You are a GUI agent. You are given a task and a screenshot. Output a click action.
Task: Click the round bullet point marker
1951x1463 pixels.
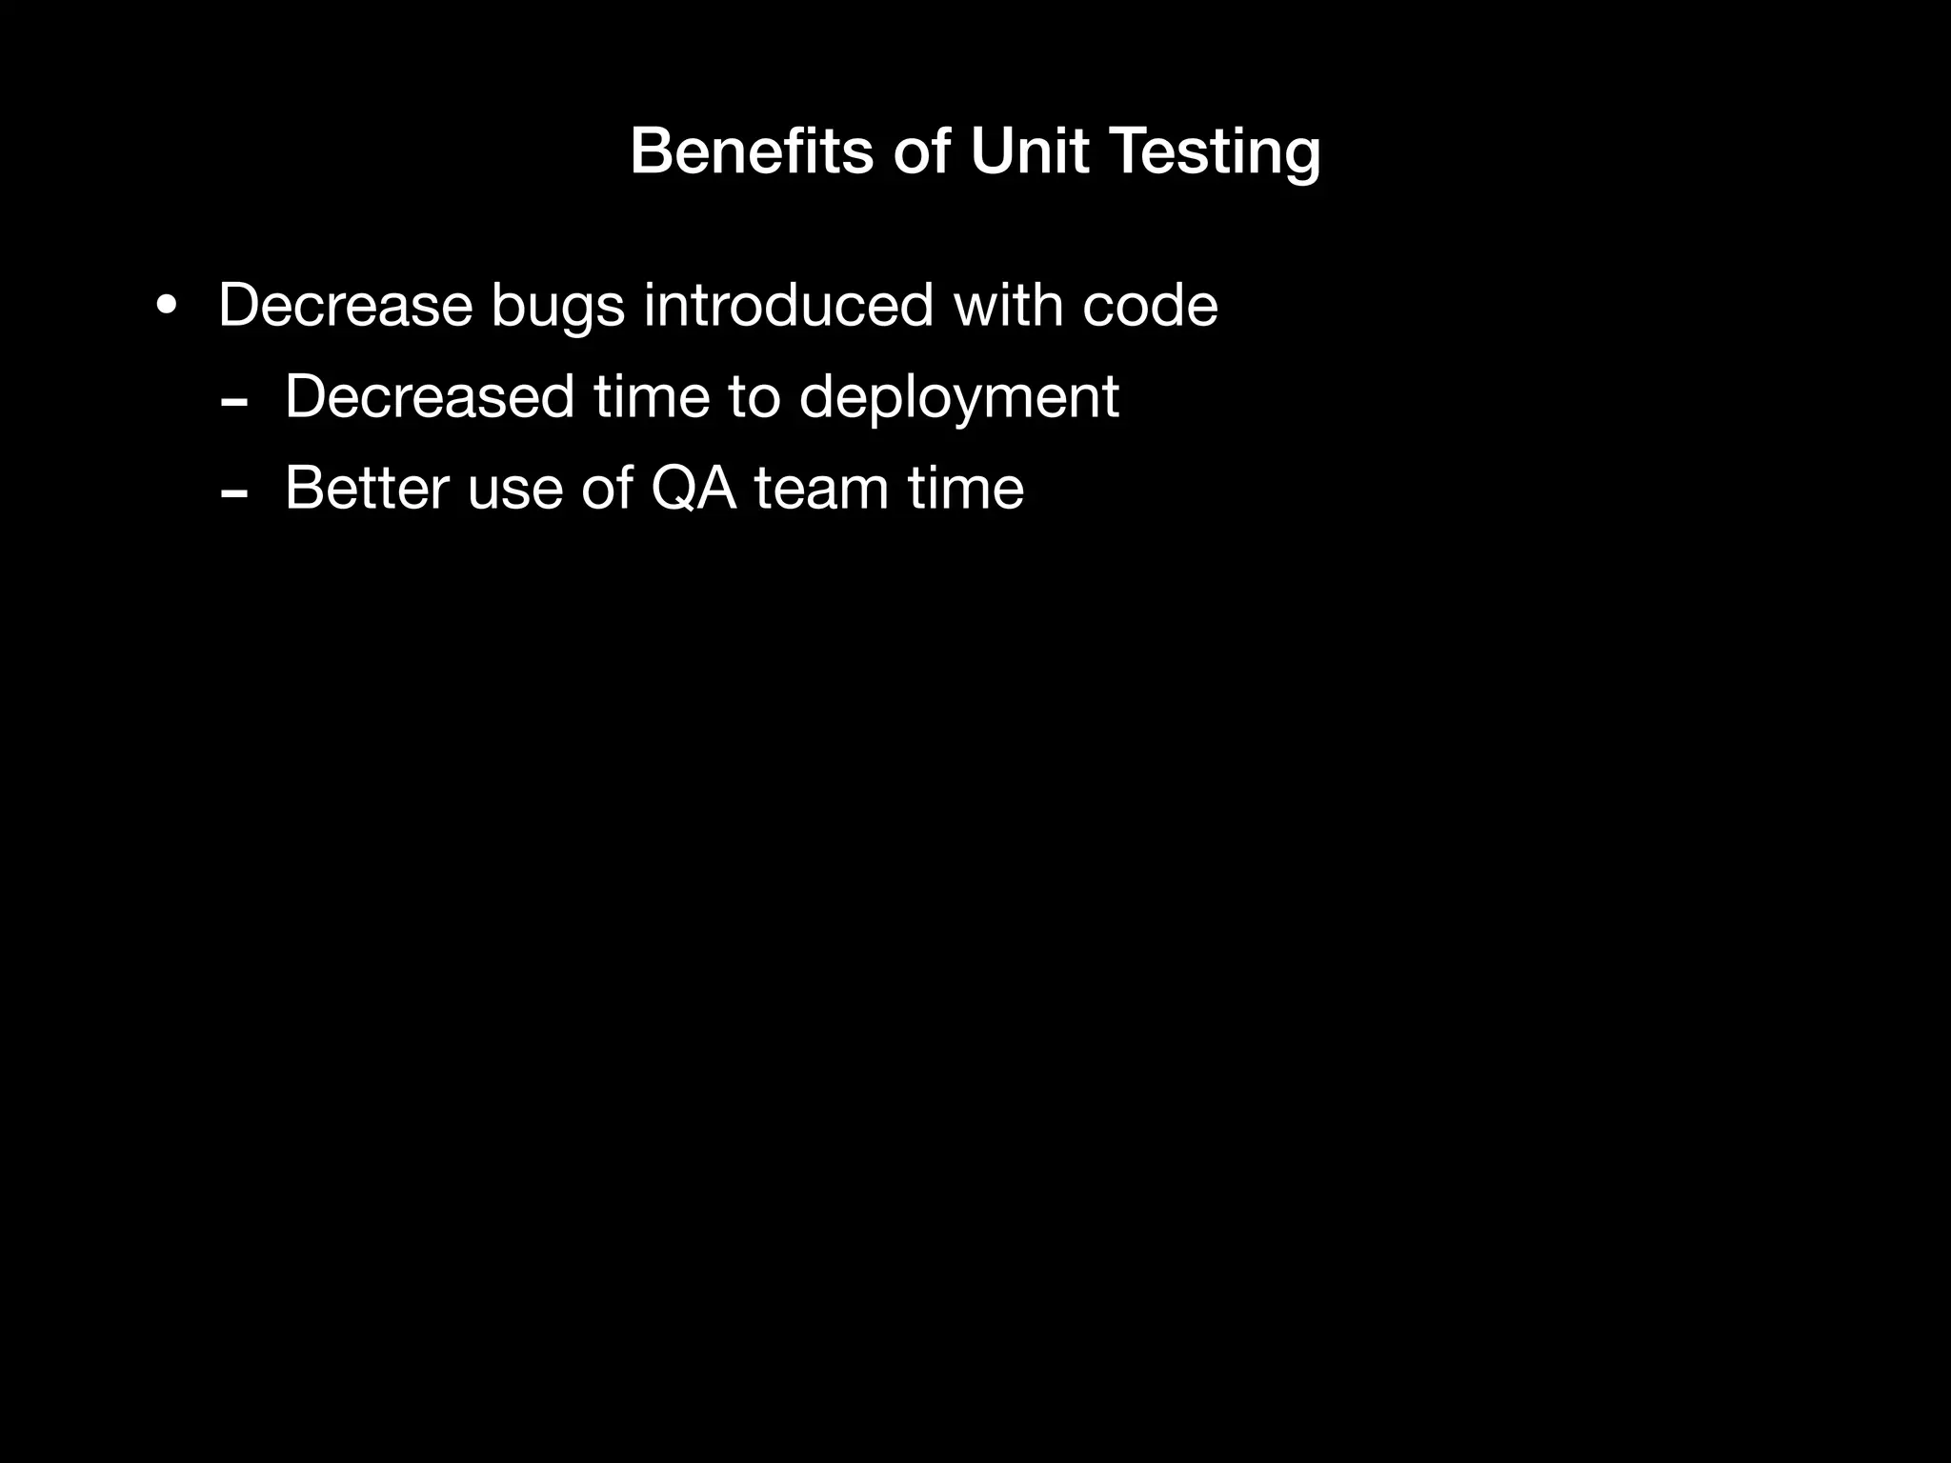(167, 307)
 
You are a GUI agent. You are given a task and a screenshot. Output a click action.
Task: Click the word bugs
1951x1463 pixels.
(557, 307)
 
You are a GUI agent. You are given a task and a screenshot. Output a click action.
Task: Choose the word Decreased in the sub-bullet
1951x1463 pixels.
(430, 396)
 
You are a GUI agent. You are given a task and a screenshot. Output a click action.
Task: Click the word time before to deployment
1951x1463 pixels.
(652, 396)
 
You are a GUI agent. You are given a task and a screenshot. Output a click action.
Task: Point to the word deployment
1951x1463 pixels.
(958, 398)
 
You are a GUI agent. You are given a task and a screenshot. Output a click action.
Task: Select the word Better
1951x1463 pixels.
(367, 488)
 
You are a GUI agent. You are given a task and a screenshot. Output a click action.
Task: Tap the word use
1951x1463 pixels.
(513, 490)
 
